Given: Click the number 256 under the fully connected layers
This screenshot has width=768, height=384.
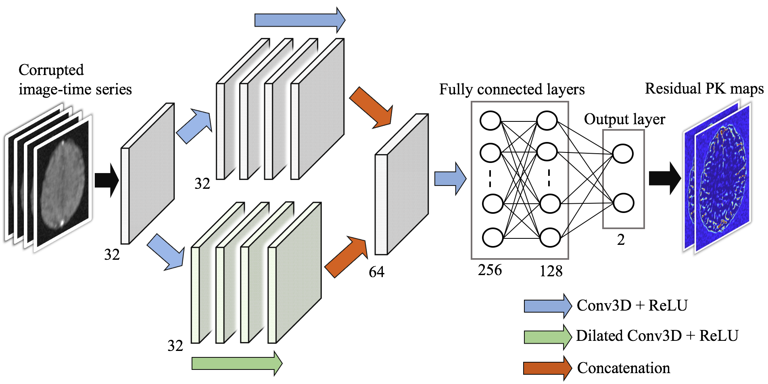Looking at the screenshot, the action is (490, 270).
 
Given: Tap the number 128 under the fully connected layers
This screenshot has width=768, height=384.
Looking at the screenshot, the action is (551, 271).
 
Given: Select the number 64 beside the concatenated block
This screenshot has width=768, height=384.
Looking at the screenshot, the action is (376, 272).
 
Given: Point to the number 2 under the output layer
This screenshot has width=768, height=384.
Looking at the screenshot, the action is (621, 240).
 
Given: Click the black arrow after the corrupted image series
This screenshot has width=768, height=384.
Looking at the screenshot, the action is (107, 180).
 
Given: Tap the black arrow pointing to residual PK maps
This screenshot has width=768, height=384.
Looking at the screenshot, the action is (665, 179).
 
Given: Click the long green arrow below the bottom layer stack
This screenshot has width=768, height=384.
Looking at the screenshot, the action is (237, 363).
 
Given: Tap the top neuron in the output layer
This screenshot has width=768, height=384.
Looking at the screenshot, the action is (623, 154).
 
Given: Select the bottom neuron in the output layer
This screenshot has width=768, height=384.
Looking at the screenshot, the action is (624, 203).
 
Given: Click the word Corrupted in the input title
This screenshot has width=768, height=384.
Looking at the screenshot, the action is (51, 70).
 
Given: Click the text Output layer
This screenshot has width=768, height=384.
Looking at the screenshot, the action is (624, 119).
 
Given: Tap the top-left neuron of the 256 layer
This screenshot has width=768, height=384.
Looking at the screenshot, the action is (490, 121).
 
